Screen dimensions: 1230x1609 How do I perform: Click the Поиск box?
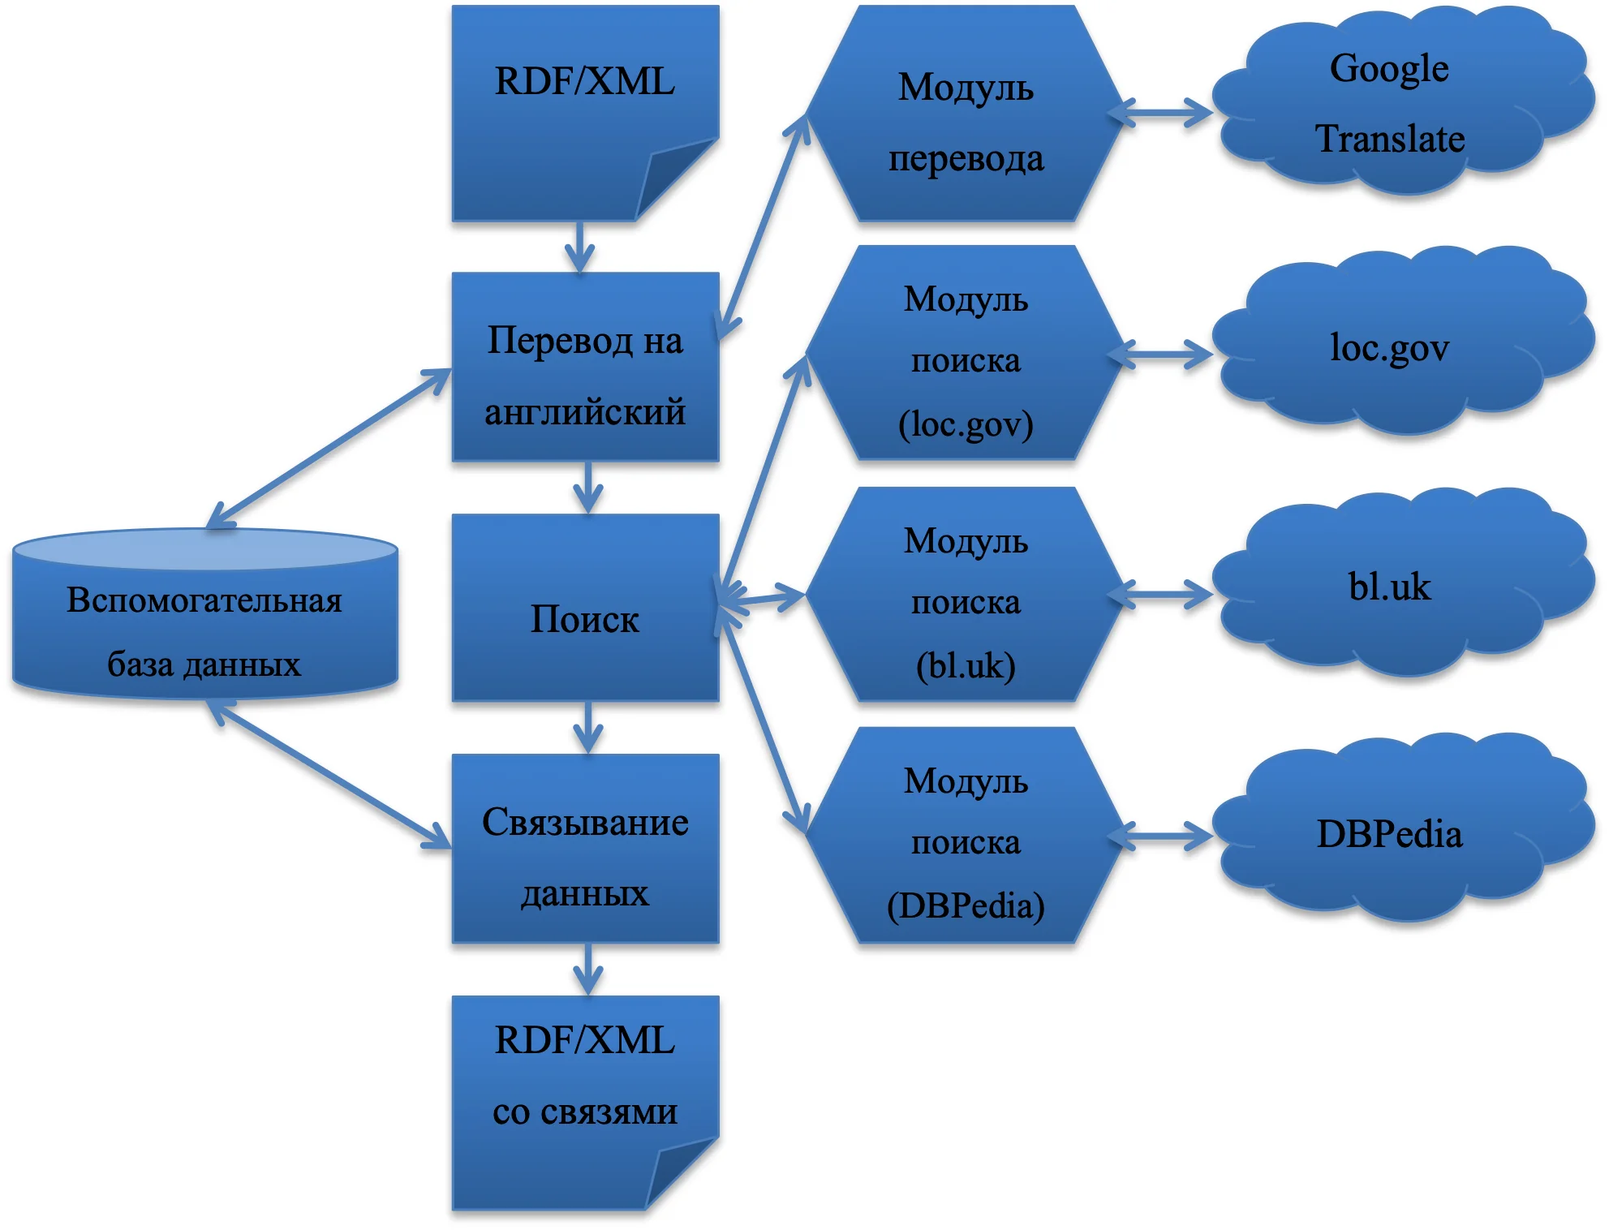point(585,609)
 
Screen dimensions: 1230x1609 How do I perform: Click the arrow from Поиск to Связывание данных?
point(587,728)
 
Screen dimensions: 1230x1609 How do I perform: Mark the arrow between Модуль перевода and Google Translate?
point(1160,113)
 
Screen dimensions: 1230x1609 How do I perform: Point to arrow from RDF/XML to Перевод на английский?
point(579,247)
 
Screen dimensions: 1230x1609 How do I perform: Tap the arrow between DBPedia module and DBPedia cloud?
point(1160,836)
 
